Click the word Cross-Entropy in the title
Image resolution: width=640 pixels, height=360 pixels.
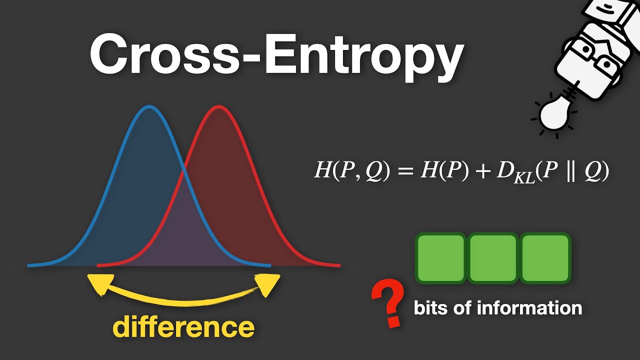click(276, 54)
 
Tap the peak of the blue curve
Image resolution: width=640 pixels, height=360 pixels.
click(149, 107)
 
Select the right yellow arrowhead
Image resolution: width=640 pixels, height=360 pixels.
click(268, 284)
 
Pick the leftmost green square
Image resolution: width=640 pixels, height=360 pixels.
click(440, 257)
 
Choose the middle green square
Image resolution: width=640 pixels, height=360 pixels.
click(493, 257)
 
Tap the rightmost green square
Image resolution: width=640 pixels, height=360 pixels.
click(545, 257)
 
